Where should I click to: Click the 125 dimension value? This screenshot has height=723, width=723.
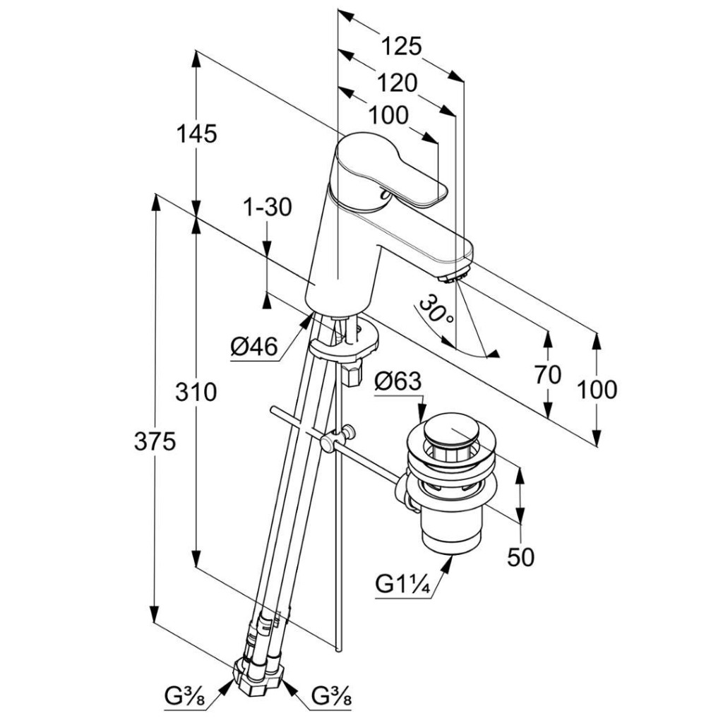tap(401, 47)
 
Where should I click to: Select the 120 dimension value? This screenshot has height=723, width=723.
tap(396, 83)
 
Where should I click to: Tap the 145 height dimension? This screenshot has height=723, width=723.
tap(197, 133)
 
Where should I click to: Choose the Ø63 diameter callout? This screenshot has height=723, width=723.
tap(398, 382)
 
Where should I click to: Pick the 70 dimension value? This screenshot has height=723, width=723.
tap(547, 375)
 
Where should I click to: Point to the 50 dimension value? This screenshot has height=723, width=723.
tap(521, 557)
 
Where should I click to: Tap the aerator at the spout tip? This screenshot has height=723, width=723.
tap(456, 271)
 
